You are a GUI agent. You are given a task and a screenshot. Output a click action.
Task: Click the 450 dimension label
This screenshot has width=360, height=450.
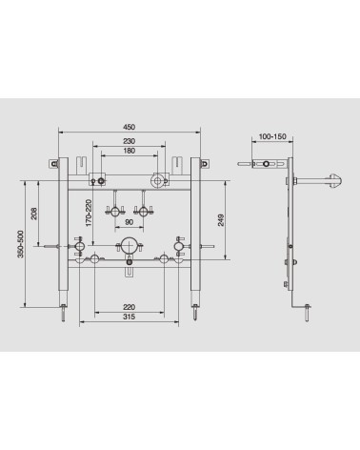(129, 127)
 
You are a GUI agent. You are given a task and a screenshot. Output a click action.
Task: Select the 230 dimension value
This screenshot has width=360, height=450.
(129, 141)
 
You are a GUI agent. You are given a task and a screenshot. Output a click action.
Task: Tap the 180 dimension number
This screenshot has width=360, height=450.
(129, 151)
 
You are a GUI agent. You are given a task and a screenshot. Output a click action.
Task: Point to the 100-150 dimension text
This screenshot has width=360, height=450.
(272, 136)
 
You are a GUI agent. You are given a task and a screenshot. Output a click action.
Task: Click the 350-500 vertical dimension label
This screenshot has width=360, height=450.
(21, 244)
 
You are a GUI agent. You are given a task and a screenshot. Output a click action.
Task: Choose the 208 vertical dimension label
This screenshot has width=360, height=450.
(33, 214)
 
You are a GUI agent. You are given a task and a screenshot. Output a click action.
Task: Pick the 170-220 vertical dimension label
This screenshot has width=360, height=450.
(89, 213)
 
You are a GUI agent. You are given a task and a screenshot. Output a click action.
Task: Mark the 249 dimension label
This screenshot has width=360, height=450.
(221, 220)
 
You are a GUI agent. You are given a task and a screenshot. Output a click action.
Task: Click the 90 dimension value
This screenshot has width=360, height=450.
(129, 222)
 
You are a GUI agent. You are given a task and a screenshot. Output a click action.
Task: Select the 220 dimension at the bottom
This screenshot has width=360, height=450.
(129, 307)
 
